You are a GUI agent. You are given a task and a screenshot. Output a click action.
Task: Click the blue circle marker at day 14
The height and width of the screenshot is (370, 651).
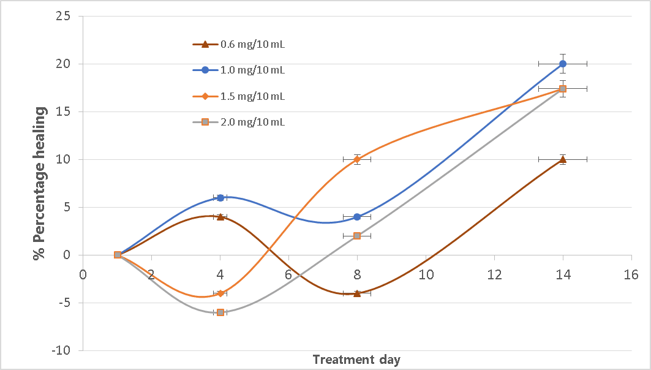[562, 64]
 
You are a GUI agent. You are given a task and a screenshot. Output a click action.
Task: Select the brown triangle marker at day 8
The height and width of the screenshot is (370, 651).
[357, 293]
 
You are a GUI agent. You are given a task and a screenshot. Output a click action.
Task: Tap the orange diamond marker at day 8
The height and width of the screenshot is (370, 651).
[357, 159]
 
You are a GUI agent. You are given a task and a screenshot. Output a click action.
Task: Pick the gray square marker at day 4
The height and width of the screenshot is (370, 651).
[220, 312]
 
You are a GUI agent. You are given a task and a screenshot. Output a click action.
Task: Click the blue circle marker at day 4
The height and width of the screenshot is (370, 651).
[220, 197]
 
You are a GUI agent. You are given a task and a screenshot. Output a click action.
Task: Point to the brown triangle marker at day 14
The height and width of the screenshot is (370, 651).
[562, 159]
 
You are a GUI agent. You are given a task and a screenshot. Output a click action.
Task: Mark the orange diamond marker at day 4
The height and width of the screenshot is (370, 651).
[220, 293]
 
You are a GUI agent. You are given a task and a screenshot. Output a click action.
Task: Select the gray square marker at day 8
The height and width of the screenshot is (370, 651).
[357, 236]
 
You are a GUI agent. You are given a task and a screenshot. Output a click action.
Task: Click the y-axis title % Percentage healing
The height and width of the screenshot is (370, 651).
[40, 183]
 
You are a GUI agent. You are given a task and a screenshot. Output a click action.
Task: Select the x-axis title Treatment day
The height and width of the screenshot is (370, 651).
[356, 360]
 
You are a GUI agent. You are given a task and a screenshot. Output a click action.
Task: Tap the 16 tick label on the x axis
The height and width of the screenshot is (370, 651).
[631, 274]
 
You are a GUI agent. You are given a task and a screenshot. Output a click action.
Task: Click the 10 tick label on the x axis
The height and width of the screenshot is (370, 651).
[426, 274]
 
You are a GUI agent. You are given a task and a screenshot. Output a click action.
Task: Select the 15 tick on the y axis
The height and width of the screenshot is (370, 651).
[65, 111]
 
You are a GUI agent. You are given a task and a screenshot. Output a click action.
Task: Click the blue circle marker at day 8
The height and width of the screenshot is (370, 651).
[357, 217]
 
